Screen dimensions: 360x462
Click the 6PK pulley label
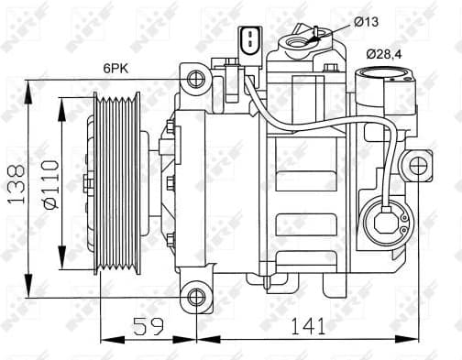[116, 66]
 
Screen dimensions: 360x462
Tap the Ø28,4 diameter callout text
[385, 56]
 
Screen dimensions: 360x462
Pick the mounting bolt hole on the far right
[420, 168]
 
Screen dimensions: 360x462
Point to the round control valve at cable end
[384, 223]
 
